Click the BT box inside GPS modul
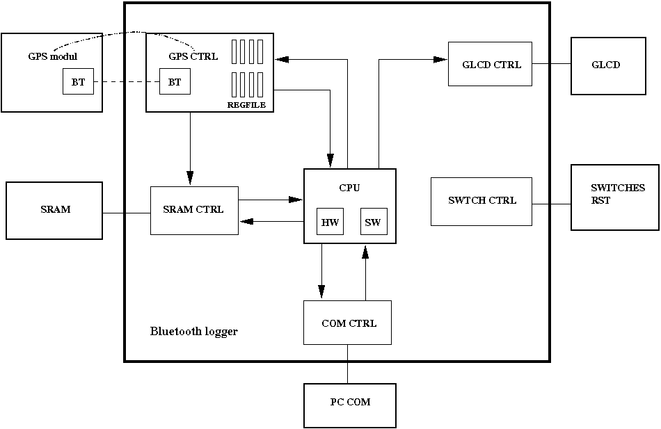click(78, 82)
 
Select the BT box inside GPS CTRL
click(175, 82)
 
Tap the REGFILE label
click(246, 105)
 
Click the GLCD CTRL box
click(490, 64)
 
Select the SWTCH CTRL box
click(481, 201)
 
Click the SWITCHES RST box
click(614, 197)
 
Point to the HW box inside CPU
click(330, 222)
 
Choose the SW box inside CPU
click(373, 222)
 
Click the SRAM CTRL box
click(194, 210)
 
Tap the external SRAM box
click(54, 210)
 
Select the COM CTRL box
click(347, 323)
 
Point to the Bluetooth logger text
click(193, 332)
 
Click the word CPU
click(349, 188)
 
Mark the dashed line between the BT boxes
click(127, 82)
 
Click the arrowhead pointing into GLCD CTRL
click(440, 60)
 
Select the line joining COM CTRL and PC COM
click(348, 364)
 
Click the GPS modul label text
click(47, 56)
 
